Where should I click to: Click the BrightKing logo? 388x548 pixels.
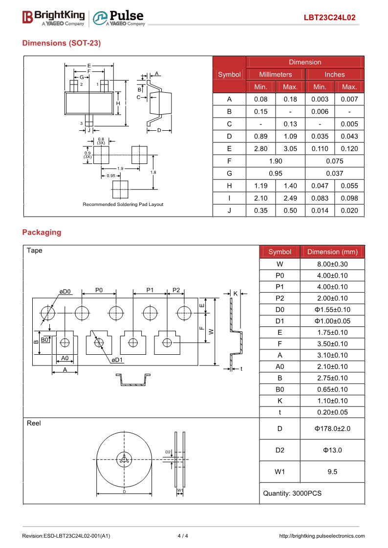pos(54,18)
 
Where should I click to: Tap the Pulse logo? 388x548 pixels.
pos(119,18)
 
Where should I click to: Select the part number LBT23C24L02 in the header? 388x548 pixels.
pos(329,18)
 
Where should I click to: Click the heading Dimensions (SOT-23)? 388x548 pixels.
pos(62,43)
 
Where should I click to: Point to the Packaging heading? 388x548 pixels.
pos(42,232)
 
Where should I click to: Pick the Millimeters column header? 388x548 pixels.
pos(275,75)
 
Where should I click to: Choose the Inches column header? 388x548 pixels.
pos(334,75)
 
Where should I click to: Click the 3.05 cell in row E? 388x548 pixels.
pos(290,148)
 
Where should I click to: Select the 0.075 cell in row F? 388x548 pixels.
pos(334,161)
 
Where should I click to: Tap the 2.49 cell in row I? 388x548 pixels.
pos(290,198)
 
